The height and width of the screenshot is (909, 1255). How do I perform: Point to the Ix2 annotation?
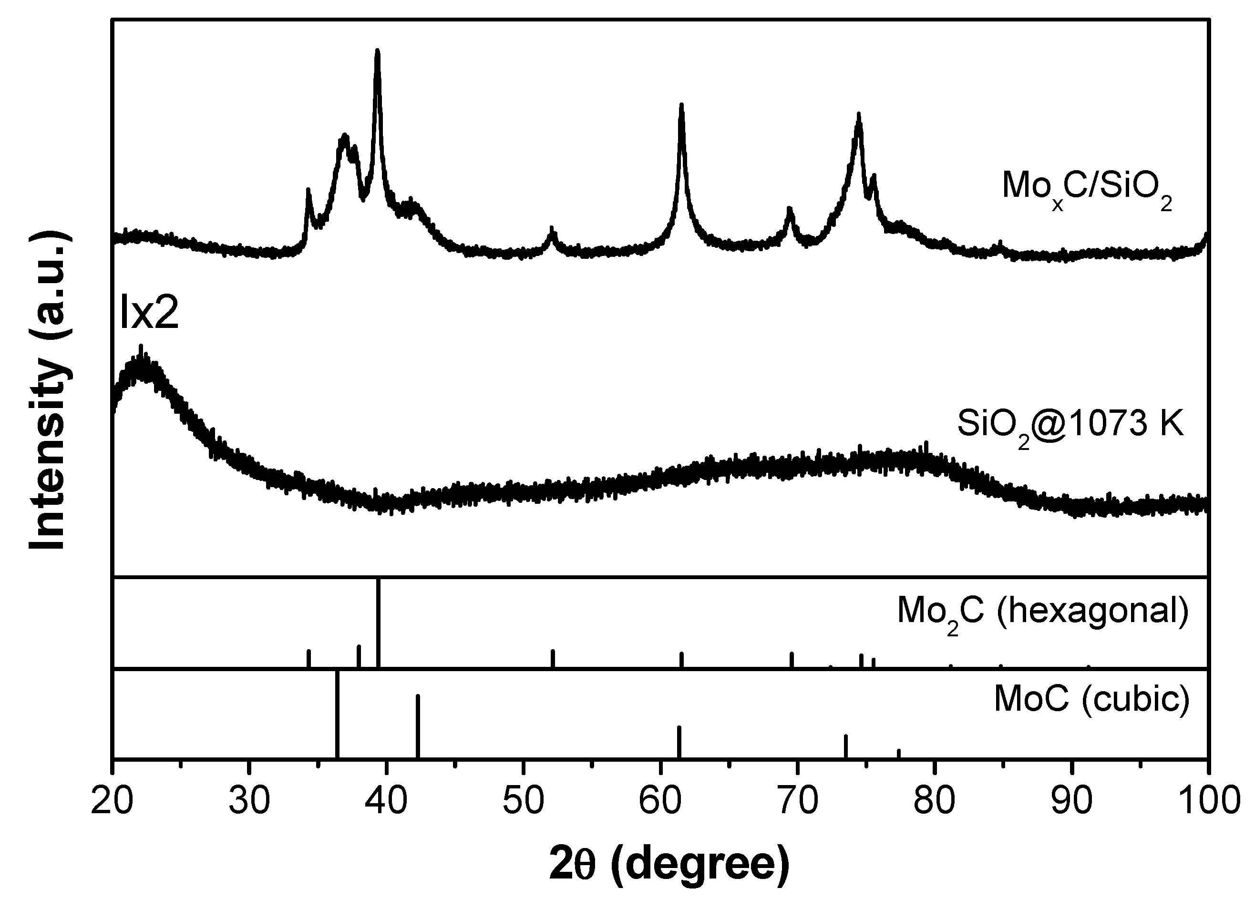(x=149, y=314)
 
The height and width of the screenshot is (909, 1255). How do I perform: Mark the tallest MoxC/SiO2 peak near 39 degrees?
(x=377, y=51)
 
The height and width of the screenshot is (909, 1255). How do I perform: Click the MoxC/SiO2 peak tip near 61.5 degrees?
(x=681, y=105)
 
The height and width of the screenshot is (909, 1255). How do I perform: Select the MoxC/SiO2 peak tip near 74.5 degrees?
(x=858, y=115)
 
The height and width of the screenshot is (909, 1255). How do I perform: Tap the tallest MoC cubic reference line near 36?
(x=337, y=714)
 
